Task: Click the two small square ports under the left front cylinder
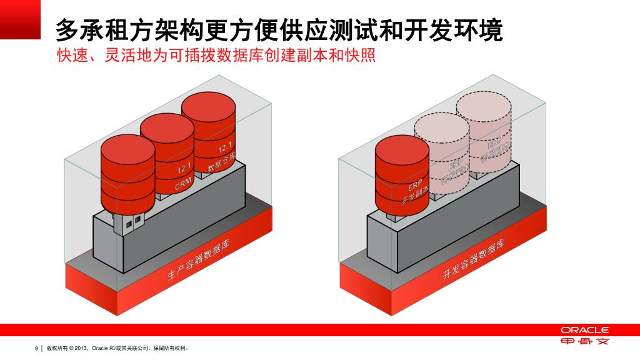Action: (133, 222)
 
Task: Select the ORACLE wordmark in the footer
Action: (584, 329)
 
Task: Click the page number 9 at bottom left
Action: (36, 348)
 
